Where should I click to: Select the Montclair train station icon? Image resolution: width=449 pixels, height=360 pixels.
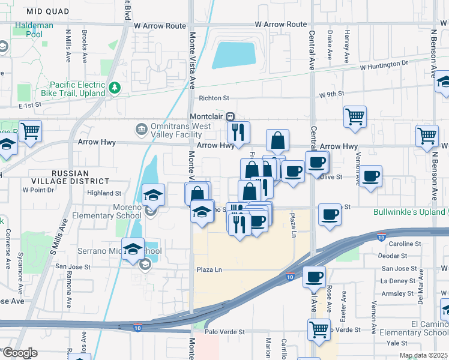tap(229, 116)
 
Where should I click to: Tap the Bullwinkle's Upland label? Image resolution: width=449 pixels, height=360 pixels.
tap(408, 212)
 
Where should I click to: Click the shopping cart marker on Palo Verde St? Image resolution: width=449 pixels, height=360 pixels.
tap(319, 328)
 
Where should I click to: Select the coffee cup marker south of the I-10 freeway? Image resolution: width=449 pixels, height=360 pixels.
tap(314, 277)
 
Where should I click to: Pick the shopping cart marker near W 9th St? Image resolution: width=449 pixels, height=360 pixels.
tap(355, 115)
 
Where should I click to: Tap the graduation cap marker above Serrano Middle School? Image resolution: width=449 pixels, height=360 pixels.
tap(133, 248)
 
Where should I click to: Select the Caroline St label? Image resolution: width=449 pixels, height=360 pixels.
tap(405, 244)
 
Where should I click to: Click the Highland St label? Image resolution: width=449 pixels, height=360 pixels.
tap(104, 193)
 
